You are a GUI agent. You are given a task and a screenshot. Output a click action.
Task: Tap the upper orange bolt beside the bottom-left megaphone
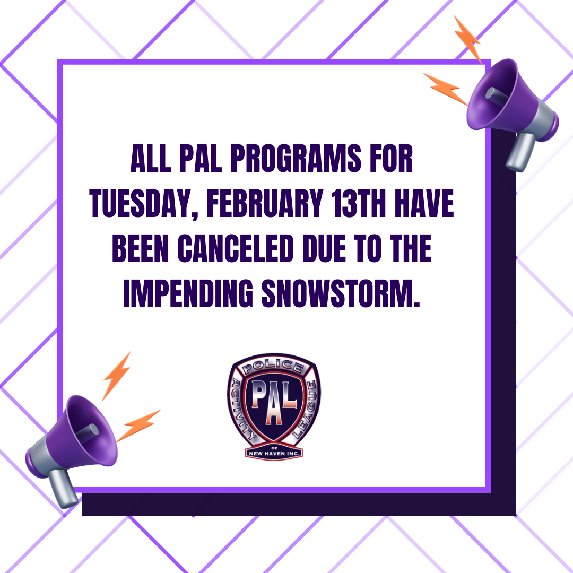(x=117, y=374)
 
